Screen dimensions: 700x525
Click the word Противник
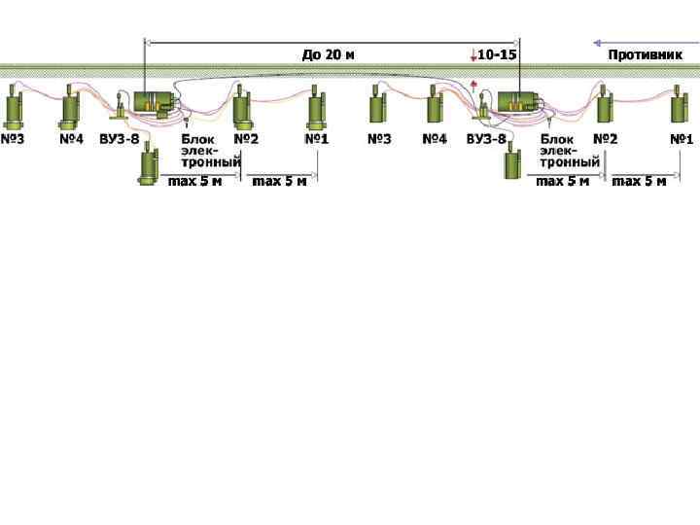(645, 54)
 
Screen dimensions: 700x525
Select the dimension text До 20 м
(328, 54)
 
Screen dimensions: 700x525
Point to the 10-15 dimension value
(496, 54)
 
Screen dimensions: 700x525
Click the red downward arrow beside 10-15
(472, 54)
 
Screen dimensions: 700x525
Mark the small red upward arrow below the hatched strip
(473, 86)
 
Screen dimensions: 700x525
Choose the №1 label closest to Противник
(682, 139)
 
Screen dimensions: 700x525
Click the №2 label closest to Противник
(606, 139)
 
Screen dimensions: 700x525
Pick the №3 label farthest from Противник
(13, 139)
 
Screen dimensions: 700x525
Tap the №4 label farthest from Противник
(71, 139)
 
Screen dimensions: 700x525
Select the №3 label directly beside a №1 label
(379, 139)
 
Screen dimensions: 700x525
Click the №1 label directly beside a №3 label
(317, 139)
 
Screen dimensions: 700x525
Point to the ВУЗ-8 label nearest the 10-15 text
(486, 139)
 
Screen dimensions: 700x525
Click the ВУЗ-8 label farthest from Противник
(120, 139)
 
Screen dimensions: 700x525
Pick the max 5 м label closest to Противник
(639, 181)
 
